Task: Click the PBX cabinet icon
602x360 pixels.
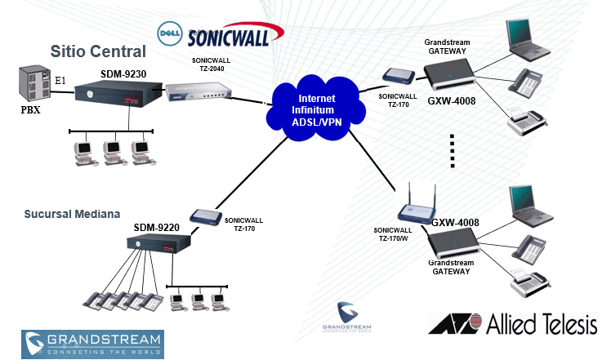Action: pos(33,84)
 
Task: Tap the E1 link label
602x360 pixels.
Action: pos(60,81)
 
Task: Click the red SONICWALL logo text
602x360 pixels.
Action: pos(234,37)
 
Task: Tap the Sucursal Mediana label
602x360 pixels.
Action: pos(72,214)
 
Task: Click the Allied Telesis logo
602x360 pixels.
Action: pos(512,325)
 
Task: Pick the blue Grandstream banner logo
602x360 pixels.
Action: pos(92,344)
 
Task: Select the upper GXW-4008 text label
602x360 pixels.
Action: pos(452,101)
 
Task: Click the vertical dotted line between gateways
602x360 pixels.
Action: pos(452,152)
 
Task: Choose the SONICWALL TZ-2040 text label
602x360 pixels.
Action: pos(197,65)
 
